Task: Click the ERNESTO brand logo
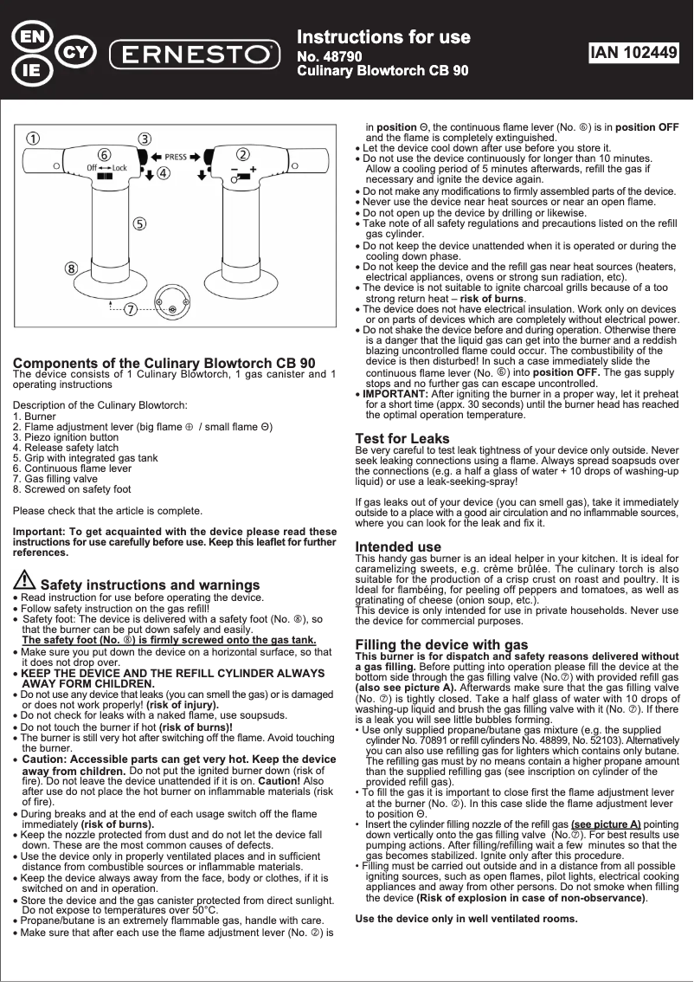195,54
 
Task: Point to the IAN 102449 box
633,53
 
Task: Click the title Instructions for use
383,37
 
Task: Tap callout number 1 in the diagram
32,139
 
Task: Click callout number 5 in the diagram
138,223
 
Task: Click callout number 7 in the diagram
129,309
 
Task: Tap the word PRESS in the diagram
176,157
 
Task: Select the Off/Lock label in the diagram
106,167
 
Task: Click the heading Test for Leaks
402,438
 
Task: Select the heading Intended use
398,546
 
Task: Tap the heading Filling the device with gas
441,644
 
